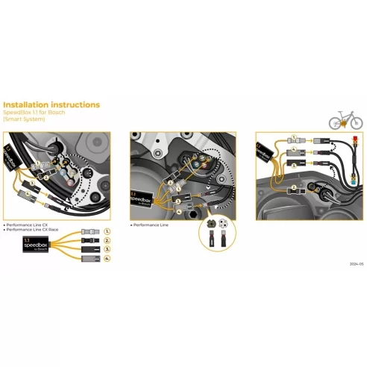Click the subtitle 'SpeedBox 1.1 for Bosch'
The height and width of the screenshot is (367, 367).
[x=36, y=113]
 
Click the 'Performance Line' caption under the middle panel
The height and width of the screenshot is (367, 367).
[x=148, y=224]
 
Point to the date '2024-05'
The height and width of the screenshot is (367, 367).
[x=355, y=264]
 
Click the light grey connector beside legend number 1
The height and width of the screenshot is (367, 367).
[x=86, y=233]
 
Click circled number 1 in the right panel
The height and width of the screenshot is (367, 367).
[x=295, y=138]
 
